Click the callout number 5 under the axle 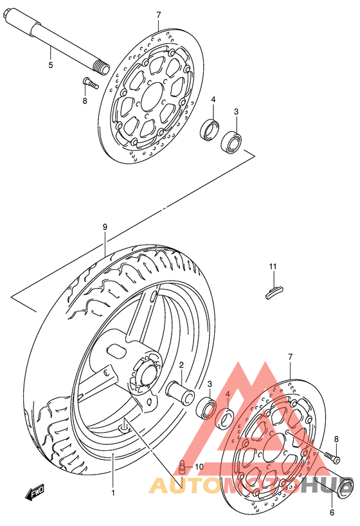point(51,65)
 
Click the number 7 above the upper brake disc point(159,15)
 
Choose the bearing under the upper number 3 point(231,141)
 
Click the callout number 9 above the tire point(105,227)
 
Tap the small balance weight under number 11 point(274,290)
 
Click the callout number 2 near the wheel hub point(181,365)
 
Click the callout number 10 point(199,467)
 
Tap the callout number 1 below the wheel point(113,493)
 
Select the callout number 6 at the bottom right point(332,513)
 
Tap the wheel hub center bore point(148,376)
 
